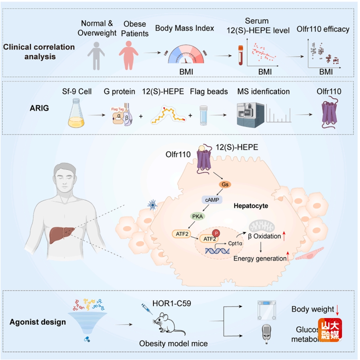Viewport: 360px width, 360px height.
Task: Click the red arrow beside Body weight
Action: [x=338, y=309]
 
